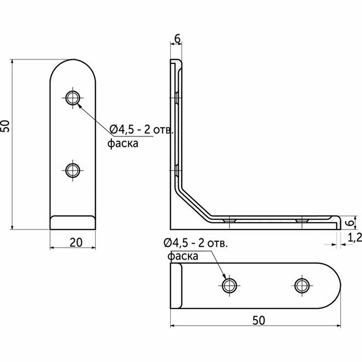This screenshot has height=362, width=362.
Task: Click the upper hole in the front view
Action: (x=73, y=98)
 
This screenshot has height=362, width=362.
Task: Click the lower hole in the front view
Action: (x=73, y=170)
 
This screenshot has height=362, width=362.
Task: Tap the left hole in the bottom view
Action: (x=229, y=285)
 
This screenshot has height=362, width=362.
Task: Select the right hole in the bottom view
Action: (x=302, y=285)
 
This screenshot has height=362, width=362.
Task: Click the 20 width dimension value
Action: (x=76, y=243)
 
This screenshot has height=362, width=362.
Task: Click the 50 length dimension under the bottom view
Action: (x=259, y=321)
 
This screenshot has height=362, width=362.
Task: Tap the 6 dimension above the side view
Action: (x=177, y=39)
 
